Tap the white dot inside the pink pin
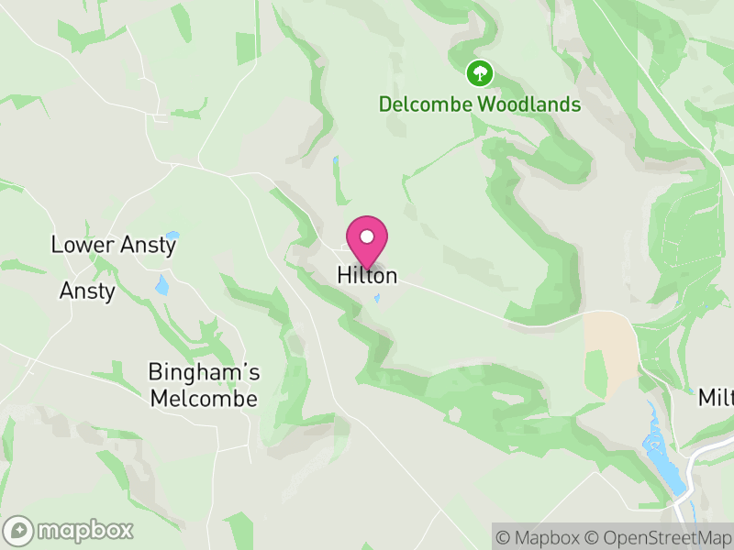(367, 236)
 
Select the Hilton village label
(367, 275)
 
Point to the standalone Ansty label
(87, 291)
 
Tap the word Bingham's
(204, 372)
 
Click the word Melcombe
(204, 400)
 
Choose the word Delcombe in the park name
(425, 104)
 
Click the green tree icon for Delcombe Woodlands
(479, 72)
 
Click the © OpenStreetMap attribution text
(658, 536)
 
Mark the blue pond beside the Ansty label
(162, 285)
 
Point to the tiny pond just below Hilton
(376, 297)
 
